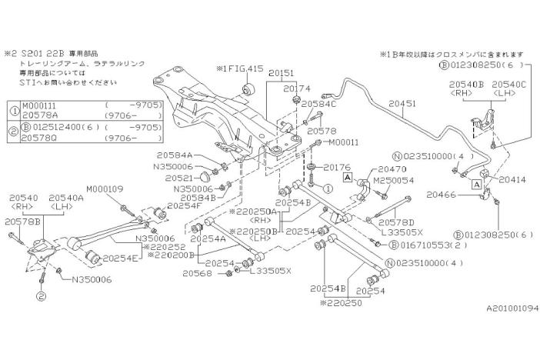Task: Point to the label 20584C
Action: (x=318, y=103)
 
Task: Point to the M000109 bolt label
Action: (x=105, y=188)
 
